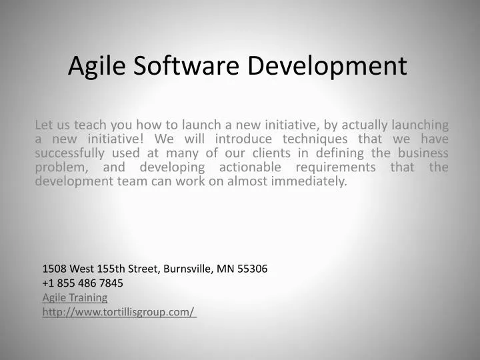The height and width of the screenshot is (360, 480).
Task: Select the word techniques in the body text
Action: pyautogui.click(x=319, y=139)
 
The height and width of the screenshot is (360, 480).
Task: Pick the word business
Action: pyautogui.click(x=423, y=153)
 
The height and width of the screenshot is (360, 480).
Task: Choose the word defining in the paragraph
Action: pyautogui.click(x=346, y=153)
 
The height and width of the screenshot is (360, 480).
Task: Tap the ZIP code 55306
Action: pyautogui.click(x=253, y=269)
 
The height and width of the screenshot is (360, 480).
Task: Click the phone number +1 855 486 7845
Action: pyautogui.click(x=83, y=283)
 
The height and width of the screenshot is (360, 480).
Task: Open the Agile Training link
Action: pyautogui.click(x=75, y=297)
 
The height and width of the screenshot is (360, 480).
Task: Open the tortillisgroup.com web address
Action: pyautogui.click(x=119, y=312)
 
